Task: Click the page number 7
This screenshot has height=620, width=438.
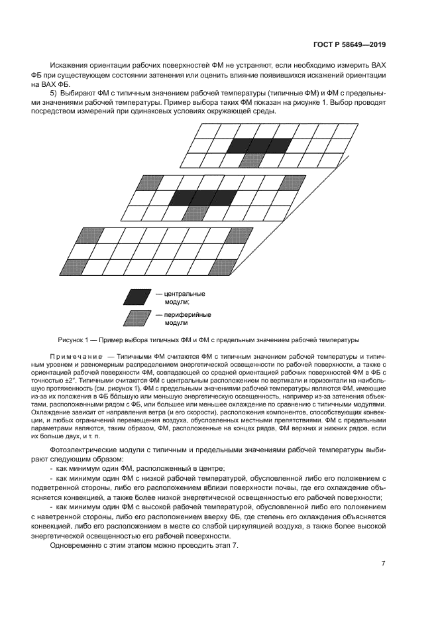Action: pyautogui.click(x=384, y=564)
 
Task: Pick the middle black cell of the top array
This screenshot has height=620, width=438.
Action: pyautogui.click(x=259, y=145)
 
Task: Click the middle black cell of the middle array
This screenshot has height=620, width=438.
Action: pyautogui.click(x=202, y=198)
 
